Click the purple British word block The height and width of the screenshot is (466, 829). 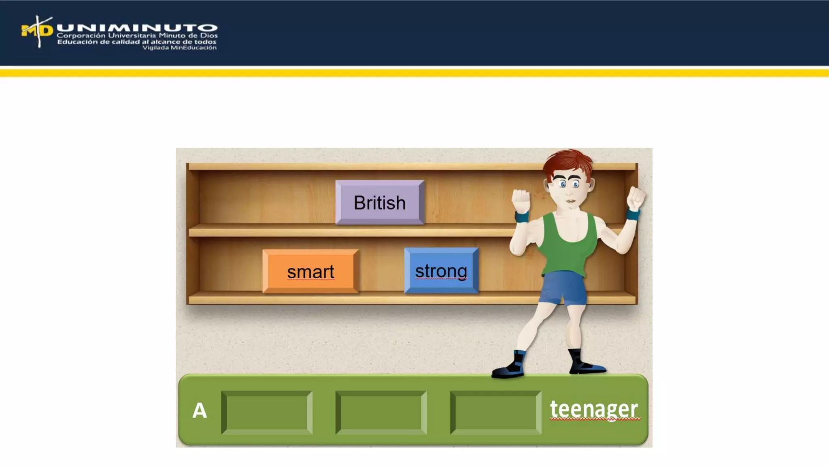[380, 202]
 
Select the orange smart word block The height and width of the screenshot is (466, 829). [310, 271]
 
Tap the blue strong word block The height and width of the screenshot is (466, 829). [441, 271]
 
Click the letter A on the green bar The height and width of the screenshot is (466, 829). [200, 411]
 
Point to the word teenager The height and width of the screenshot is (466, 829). [594, 409]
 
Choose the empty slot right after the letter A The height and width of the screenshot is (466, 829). [267, 413]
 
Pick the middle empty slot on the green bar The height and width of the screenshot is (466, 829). [381, 413]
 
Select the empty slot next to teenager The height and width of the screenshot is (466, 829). [495, 413]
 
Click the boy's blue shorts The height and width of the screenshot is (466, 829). [563, 287]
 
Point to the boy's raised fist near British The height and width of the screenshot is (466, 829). [521, 200]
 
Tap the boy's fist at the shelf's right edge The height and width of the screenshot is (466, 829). [635, 198]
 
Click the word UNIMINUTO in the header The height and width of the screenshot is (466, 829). [137, 28]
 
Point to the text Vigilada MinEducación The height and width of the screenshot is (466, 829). [179, 48]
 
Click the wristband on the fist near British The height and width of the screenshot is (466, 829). [522, 217]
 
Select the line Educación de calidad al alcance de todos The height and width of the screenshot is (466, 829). [137, 42]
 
